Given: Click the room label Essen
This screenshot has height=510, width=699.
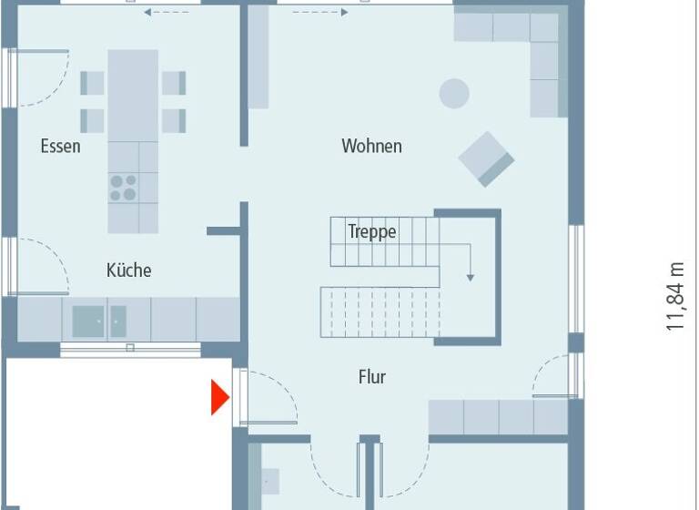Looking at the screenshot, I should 60,146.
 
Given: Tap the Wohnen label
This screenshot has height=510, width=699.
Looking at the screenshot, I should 371,146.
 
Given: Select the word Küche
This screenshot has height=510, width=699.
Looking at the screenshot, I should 128,270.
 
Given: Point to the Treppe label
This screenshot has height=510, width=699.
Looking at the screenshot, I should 372,231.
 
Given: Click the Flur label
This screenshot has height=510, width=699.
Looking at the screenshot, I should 371,376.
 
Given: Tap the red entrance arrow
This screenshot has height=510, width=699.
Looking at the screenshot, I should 219,398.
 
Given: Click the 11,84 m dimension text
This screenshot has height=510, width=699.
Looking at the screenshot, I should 674,296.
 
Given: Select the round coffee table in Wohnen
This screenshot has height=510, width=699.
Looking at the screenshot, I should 454,93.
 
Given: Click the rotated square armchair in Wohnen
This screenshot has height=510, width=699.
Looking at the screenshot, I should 487,158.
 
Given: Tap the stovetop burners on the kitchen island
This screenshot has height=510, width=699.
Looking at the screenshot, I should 123,187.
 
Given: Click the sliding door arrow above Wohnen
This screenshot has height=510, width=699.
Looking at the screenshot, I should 319,13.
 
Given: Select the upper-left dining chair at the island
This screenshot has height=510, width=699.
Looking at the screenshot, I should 93,83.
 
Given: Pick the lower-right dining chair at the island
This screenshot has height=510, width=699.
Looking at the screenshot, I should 174,120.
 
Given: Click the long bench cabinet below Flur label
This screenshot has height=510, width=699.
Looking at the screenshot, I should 498,417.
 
